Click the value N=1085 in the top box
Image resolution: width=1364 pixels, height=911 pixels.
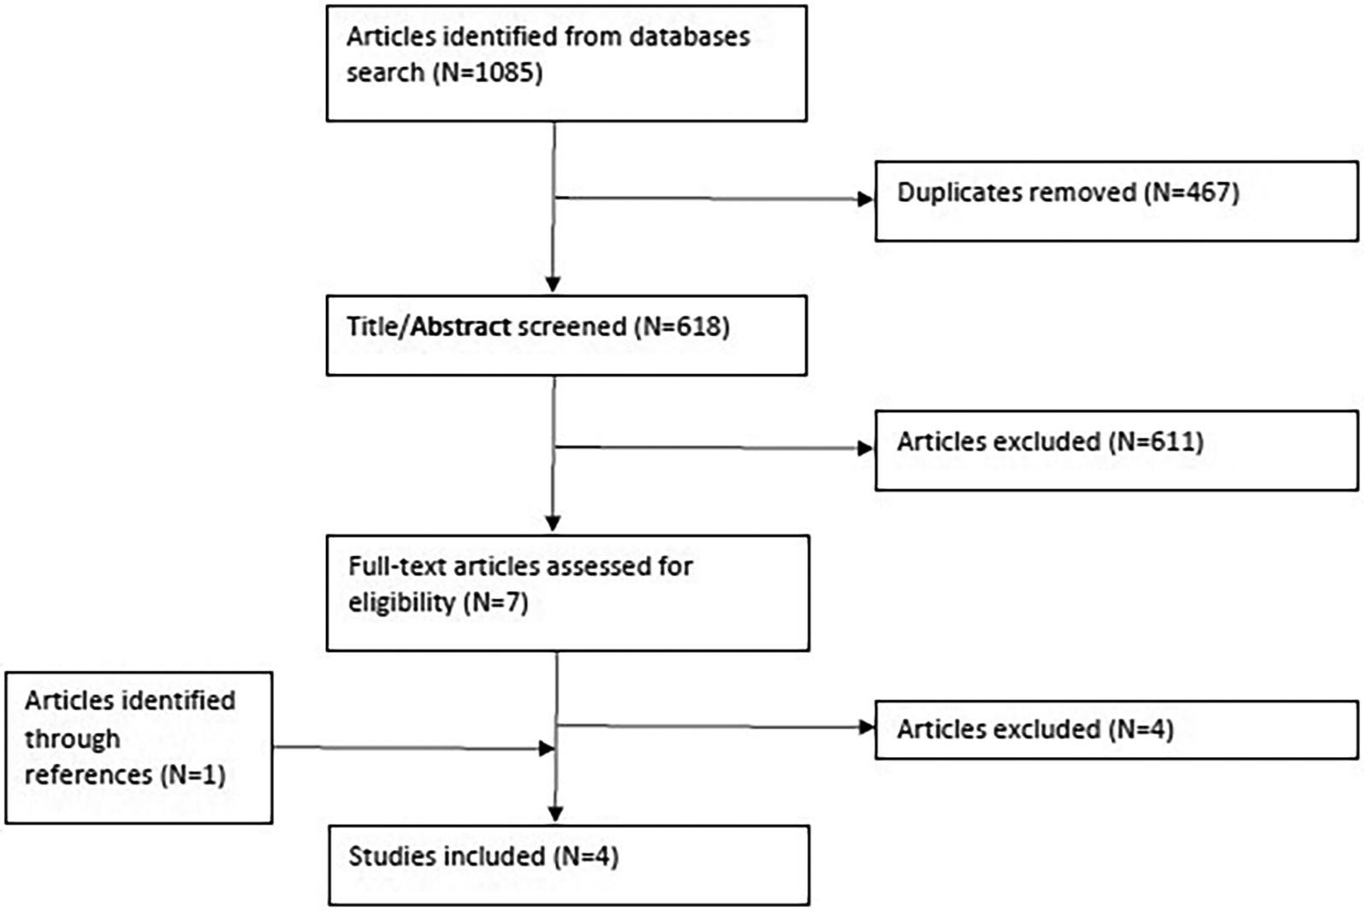[489, 74]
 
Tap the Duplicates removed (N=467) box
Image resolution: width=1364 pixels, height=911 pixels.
[1115, 201]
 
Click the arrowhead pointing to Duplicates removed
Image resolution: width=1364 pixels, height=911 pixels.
[864, 199]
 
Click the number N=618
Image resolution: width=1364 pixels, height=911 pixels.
[683, 327]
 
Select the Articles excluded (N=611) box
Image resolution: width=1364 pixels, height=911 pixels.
[1115, 450]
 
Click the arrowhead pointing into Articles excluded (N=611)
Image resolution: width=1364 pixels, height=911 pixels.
[864, 448]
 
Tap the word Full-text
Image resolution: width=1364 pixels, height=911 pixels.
[397, 566]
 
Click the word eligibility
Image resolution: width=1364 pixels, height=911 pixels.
[401, 602]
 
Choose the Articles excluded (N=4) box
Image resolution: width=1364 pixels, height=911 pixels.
[1115, 730]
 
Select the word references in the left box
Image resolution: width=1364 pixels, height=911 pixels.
[88, 775]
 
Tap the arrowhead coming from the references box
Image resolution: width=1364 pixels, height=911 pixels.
[546, 749]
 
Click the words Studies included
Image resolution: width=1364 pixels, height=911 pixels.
[446, 856]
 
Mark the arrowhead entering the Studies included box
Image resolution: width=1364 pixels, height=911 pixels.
[555, 814]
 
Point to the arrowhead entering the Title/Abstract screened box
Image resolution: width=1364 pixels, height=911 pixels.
[553, 284]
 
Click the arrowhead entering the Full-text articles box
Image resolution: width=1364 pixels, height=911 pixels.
[553, 523]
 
